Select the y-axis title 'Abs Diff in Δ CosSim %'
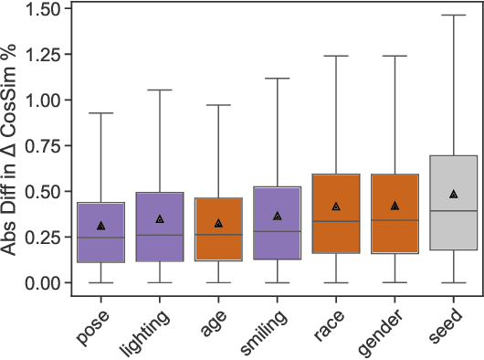click(x=13, y=146)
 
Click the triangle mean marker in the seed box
click(x=453, y=195)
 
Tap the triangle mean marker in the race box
click(x=336, y=207)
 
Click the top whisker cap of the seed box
click(x=453, y=16)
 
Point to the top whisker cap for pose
click(x=101, y=113)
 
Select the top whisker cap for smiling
click(x=277, y=79)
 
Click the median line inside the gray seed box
click(x=453, y=211)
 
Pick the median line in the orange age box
click(x=218, y=235)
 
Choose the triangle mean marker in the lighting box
click(x=160, y=219)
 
